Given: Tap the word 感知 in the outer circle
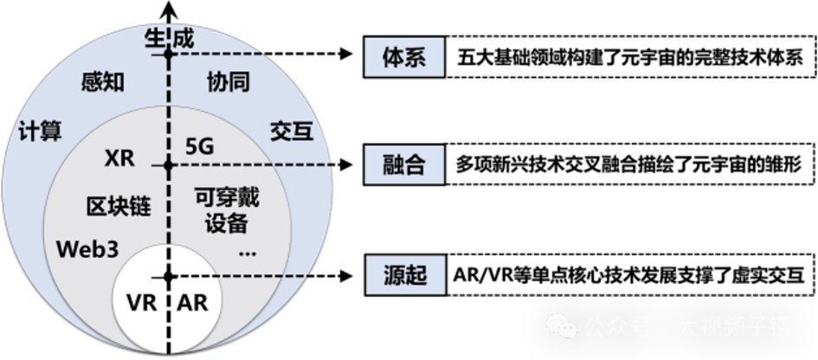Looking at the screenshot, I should pyautogui.click(x=102, y=82).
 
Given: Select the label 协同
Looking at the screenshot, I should pyautogui.click(x=229, y=82).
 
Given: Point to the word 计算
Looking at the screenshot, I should pyautogui.click(x=40, y=132).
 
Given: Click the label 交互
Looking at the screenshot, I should pyautogui.click(x=291, y=132).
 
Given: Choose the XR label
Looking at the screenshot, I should pyautogui.click(x=119, y=159).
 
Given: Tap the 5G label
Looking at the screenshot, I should pyautogui.click(x=199, y=147).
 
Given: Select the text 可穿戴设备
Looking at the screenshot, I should pyautogui.click(x=228, y=210).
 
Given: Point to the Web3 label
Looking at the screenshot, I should pyautogui.click(x=87, y=249).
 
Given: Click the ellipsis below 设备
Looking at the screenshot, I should pyautogui.click(x=247, y=253).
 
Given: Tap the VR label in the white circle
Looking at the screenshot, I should pyautogui.click(x=140, y=305).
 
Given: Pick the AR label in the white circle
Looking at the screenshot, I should pyautogui.click(x=192, y=305).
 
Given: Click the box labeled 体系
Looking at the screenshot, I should pyautogui.click(x=403, y=59).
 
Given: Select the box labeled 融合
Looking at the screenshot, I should pyautogui.click(x=403, y=165).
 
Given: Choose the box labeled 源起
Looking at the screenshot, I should pyautogui.click(x=403, y=276).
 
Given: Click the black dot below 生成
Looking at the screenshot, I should pyautogui.click(x=170, y=55).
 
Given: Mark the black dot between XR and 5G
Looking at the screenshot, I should pyautogui.click(x=170, y=164).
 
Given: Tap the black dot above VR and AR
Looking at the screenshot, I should pyautogui.click(x=170, y=277).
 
